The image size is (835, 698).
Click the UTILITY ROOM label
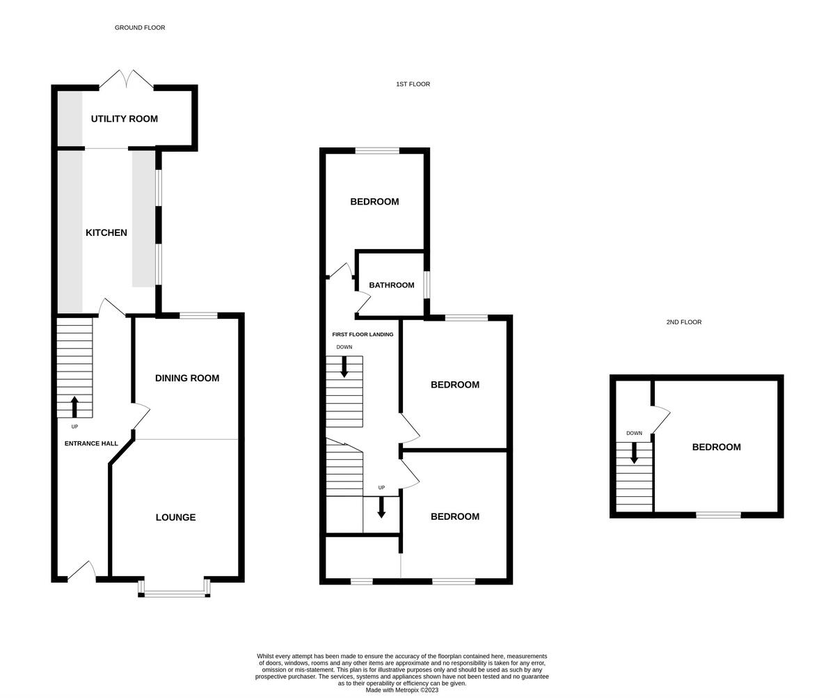tap(124, 119)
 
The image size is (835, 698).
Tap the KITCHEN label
tap(106, 232)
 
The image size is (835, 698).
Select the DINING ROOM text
tap(186, 378)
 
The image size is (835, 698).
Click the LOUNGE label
tap(175, 517)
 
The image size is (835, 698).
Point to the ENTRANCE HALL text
tap(91, 443)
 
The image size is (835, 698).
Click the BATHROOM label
tap(391, 285)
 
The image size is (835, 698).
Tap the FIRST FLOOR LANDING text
tap(363, 334)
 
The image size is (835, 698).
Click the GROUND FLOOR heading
tap(140, 28)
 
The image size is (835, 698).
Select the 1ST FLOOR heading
tap(413, 84)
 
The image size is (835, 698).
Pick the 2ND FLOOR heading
tap(683, 322)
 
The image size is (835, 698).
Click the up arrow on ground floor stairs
tap(74, 406)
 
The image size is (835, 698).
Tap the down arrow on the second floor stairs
tap(634, 452)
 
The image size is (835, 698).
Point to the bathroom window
tap(427, 285)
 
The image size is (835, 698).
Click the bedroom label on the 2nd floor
tap(716, 447)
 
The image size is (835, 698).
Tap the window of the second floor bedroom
tap(718, 515)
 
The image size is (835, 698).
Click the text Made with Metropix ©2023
tap(401, 690)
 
